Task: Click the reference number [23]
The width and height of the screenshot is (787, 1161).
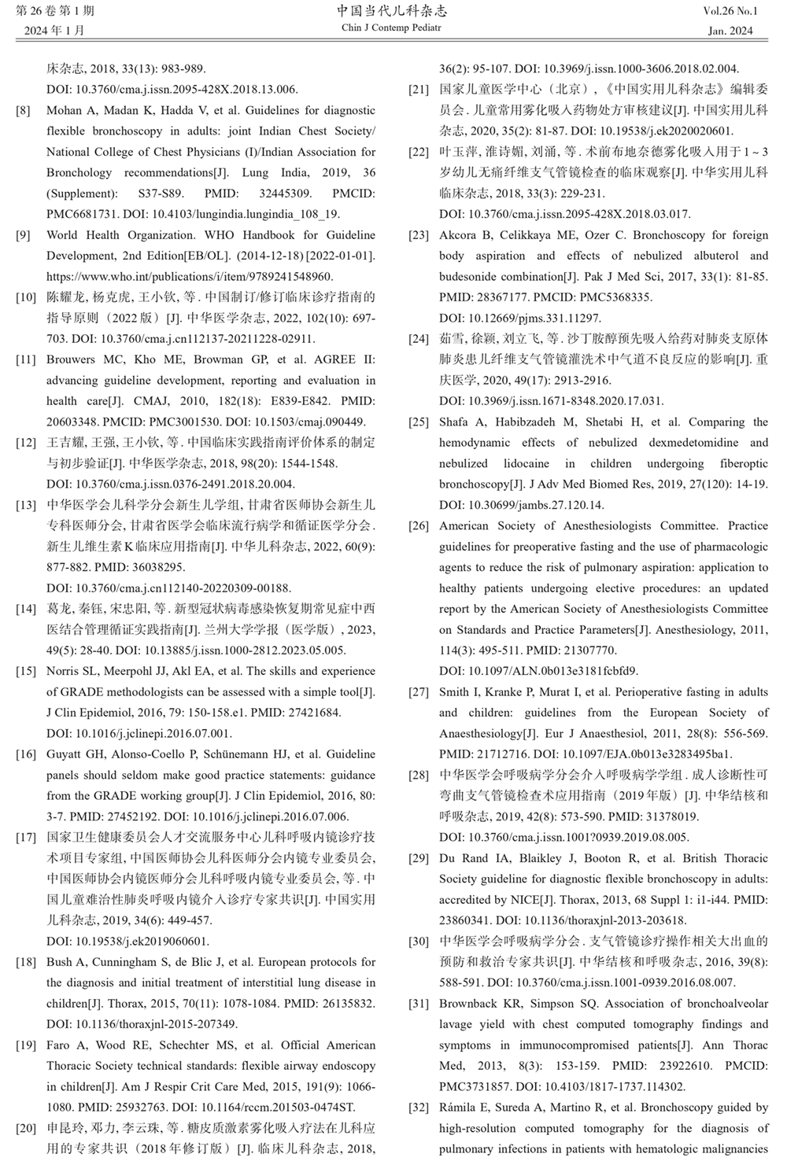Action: pyautogui.click(x=418, y=235)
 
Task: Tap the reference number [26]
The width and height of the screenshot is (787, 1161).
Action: pyautogui.click(x=418, y=526)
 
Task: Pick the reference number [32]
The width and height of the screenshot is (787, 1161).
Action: pyautogui.click(x=418, y=1108)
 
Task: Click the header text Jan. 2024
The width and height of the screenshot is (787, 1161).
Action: pyautogui.click(x=730, y=31)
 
